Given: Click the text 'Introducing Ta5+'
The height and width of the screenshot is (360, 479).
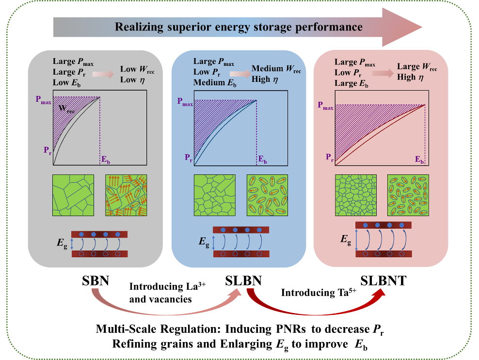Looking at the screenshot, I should click(313, 293).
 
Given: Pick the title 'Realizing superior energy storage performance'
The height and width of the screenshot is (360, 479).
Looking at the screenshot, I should click(239, 26).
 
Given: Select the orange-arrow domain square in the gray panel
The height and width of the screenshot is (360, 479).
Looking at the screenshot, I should click(126, 195).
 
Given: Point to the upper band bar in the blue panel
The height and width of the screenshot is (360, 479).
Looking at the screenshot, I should click(245, 230).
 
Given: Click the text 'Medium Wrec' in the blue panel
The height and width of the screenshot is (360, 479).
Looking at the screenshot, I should click(276, 70).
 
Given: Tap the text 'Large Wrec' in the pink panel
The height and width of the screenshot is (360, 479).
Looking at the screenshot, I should click(416, 68).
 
